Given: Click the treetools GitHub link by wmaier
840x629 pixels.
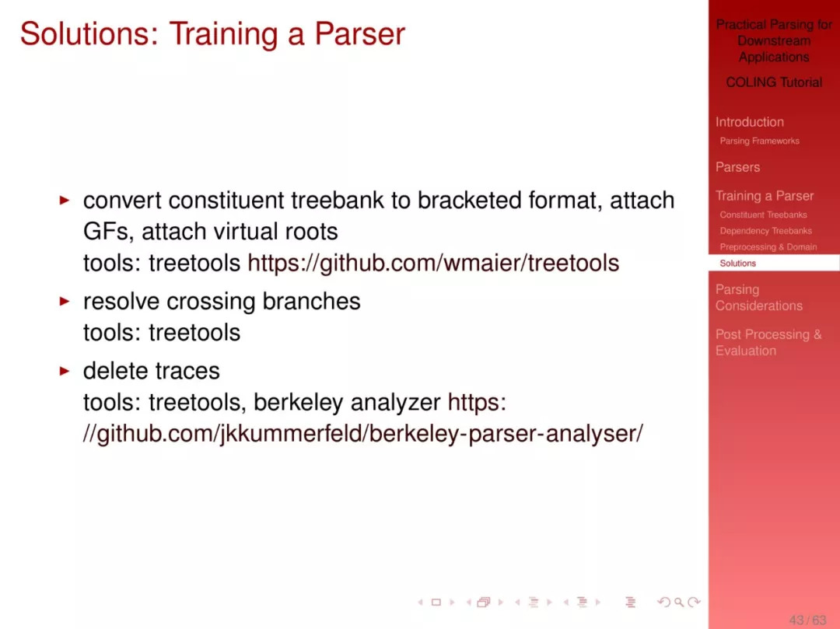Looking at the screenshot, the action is click(x=433, y=263).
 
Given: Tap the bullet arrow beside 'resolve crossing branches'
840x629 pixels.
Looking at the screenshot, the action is click(x=65, y=302).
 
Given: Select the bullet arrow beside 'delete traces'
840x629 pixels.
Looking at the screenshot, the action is click(x=65, y=371).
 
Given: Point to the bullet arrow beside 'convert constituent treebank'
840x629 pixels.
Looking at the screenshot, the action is click(x=65, y=201).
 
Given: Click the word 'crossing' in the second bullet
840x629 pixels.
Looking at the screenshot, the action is click(x=212, y=302).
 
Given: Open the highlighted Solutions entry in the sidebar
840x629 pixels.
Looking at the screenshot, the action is click(x=737, y=264).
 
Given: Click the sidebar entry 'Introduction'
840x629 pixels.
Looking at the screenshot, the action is click(x=750, y=122).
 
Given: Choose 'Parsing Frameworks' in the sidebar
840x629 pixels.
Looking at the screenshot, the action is click(x=759, y=141).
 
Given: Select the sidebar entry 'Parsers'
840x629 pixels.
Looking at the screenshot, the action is click(x=737, y=167).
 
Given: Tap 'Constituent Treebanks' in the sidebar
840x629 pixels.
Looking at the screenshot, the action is click(x=763, y=215).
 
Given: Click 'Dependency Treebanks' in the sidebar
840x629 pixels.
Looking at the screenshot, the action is click(x=765, y=231).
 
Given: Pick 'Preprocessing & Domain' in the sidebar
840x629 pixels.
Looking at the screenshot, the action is click(x=768, y=246).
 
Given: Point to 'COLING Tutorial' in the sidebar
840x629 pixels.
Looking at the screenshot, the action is click(x=774, y=82).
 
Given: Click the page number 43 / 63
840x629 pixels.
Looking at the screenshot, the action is click(x=807, y=620).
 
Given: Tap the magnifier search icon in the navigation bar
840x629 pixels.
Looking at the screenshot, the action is click(x=679, y=603).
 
